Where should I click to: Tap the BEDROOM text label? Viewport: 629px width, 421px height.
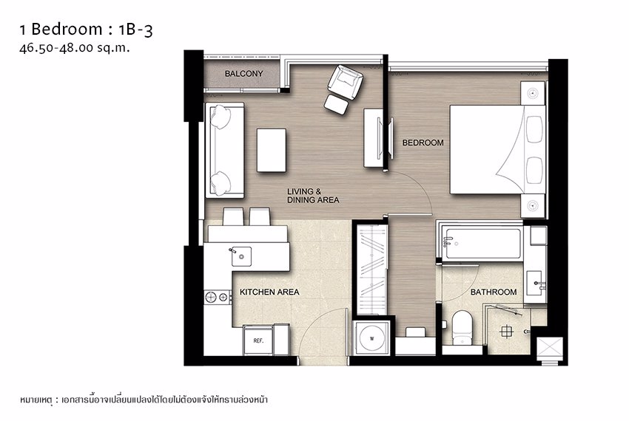[x=423, y=143]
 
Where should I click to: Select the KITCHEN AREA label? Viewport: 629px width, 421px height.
[x=269, y=292]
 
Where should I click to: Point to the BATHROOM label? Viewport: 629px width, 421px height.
[x=494, y=292]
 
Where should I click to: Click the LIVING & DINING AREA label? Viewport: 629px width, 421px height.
[x=313, y=196]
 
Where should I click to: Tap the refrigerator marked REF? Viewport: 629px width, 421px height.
[x=259, y=340]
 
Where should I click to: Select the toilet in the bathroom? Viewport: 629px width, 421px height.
[x=462, y=326]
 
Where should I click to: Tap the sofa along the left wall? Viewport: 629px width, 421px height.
[x=224, y=150]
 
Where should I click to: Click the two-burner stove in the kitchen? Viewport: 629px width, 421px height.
[x=218, y=297]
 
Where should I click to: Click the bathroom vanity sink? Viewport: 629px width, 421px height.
[x=536, y=281]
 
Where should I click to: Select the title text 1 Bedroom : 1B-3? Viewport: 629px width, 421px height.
[x=86, y=30]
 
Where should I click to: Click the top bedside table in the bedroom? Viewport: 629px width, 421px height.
[x=533, y=93]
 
